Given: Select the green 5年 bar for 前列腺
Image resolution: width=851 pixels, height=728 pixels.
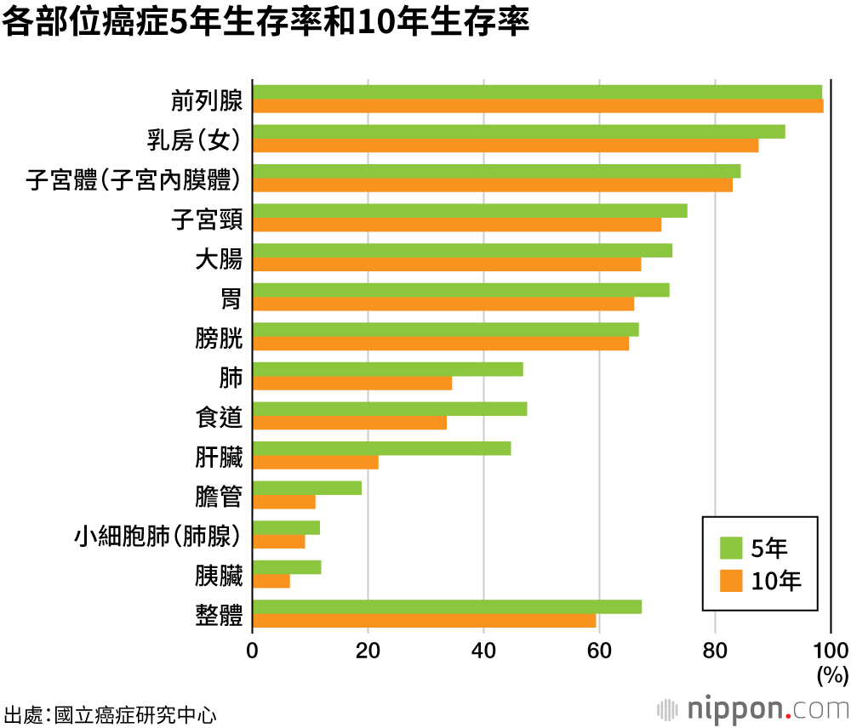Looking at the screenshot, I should click(537, 92).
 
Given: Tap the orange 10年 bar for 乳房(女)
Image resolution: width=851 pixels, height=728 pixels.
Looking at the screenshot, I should click(505, 145).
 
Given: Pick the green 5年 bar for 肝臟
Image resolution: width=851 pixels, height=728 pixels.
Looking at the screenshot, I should click(382, 448).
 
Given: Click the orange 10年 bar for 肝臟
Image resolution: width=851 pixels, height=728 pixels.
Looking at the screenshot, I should click(316, 462).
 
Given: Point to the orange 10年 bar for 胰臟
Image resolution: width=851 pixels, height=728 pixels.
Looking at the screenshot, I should click(271, 581).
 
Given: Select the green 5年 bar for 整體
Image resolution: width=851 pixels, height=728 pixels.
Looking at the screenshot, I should click(447, 606).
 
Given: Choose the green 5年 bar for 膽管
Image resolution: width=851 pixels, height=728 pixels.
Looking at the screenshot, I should click(307, 488).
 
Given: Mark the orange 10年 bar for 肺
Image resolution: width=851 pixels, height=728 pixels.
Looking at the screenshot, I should click(352, 383).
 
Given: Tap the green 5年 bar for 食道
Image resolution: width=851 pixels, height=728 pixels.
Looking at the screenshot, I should click(390, 408).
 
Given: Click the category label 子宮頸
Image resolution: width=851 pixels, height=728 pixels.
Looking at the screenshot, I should click(207, 220).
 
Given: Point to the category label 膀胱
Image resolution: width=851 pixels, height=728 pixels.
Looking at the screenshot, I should click(219, 339).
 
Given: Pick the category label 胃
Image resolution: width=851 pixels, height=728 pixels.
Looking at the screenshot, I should click(231, 299).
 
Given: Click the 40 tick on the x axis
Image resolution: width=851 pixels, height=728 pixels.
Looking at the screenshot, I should click(483, 651).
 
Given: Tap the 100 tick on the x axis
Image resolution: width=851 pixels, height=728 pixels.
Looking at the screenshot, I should click(831, 651).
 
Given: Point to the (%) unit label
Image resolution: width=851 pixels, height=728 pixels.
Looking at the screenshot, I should click(832, 676).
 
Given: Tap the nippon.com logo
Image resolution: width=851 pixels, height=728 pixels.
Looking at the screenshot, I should click(752, 708).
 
